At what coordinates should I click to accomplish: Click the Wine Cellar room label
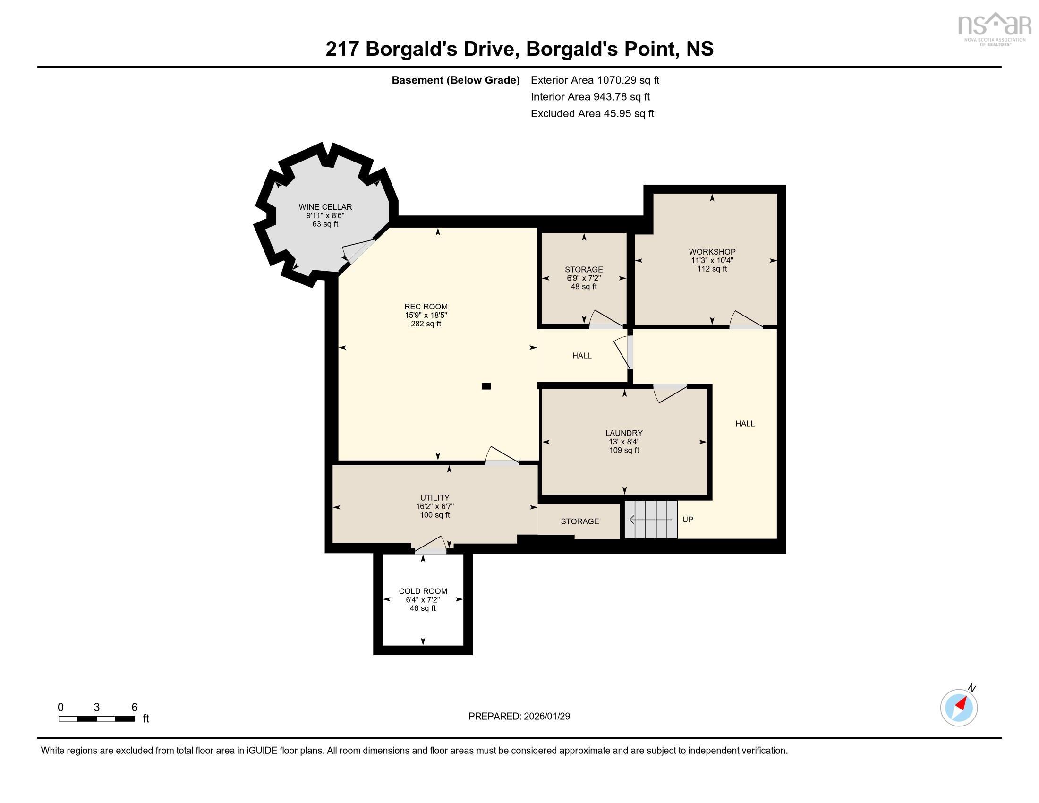point(325,207)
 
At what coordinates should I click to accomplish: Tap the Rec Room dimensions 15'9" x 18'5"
point(426,315)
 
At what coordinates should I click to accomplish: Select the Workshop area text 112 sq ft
point(712,269)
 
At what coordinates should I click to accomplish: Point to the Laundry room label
point(624,433)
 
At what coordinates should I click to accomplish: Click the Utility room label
point(434,498)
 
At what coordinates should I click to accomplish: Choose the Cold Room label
point(423,591)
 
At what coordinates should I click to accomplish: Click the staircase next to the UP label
point(651,520)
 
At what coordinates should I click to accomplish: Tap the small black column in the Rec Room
point(485,386)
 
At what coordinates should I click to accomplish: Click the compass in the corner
point(959,708)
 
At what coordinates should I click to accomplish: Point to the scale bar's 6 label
point(135,708)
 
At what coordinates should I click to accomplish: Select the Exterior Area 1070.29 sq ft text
point(595,80)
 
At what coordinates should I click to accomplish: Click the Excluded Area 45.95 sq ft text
point(592,113)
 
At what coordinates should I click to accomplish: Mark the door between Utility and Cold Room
point(431,545)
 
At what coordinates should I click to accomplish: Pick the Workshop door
point(746,320)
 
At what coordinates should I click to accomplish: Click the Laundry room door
point(670,393)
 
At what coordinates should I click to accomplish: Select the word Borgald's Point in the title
point(600,49)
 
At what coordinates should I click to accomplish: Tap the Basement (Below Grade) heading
point(455,80)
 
